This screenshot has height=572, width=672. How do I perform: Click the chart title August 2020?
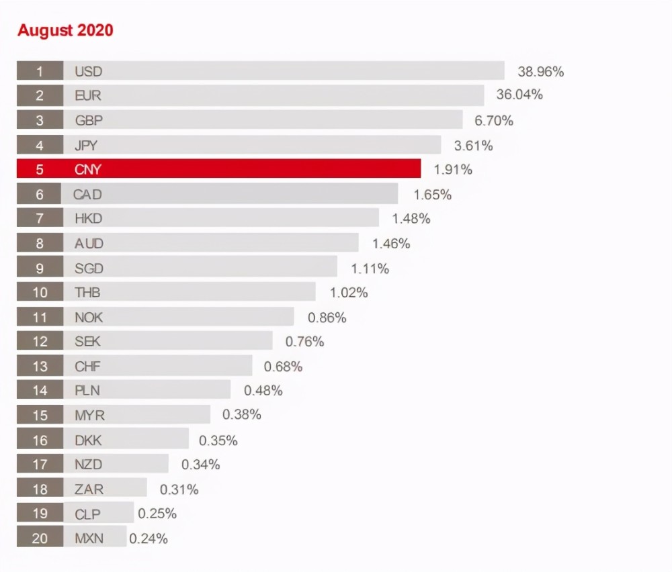(65, 30)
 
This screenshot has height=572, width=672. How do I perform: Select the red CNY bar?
(242, 169)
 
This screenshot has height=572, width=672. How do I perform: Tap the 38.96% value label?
(540, 71)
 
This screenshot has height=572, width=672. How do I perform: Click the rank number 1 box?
(40, 71)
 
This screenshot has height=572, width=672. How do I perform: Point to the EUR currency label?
(88, 96)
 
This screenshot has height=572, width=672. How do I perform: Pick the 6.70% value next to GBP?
(493, 121)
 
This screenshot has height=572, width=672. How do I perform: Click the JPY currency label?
(86, 145)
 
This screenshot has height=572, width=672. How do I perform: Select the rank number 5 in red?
(40, 169)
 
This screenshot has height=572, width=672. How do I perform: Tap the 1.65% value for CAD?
(432, 195)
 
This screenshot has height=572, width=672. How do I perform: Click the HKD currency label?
(88, 218)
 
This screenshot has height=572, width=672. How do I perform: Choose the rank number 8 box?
(40, 243)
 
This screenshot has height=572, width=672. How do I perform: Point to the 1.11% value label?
(370, 269)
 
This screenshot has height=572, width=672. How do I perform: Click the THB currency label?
(87, 292)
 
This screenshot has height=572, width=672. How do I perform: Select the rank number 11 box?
(40, 317)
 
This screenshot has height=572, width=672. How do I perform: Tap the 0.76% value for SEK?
(304, 342)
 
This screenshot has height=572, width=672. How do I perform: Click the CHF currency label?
(87, 367)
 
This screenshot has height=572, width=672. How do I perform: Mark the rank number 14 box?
(40, 390)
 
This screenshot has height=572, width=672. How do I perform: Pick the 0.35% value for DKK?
(218, 440)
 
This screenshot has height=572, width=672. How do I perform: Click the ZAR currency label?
(89, 489)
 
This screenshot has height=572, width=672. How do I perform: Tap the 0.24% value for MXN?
(148, 538)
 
